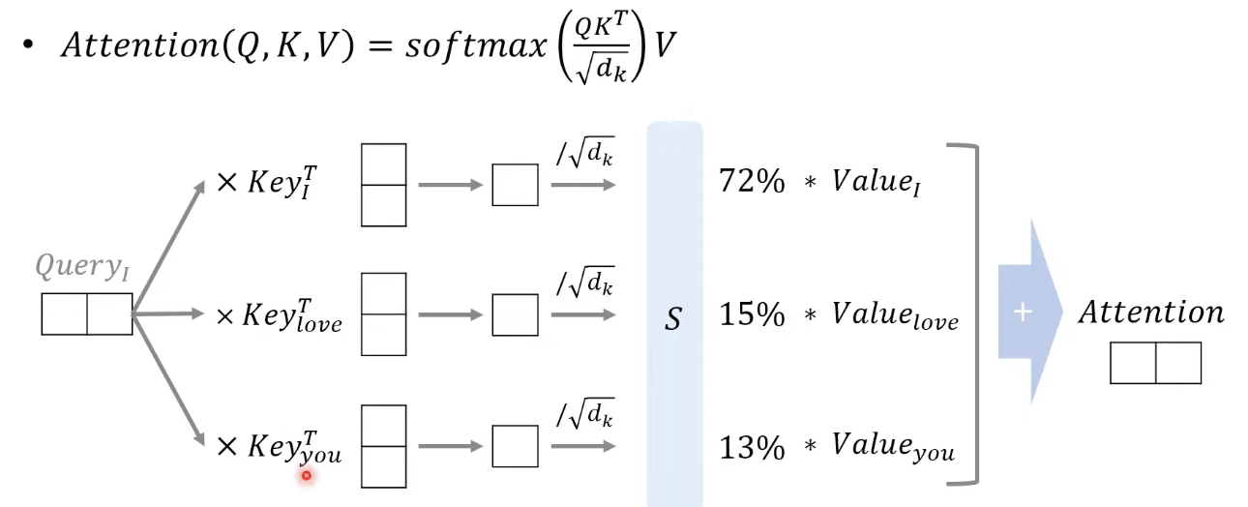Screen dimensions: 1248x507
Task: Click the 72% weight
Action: [752, 181]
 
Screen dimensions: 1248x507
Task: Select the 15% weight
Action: [751, 314]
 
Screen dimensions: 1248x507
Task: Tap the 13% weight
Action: [751, 447]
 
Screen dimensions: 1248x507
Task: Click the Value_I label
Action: [875, 183]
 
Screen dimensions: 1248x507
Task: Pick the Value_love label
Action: [895, 316]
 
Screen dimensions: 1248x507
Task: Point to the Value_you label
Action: [893, 449]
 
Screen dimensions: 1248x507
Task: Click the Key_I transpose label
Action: [280, 181]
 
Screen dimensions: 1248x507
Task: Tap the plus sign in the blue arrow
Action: [1023, 313]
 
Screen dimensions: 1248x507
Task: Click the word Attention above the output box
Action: [1151, 313]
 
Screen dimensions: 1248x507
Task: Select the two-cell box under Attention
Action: [1155, 363]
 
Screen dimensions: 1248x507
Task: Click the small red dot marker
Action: [307, 475]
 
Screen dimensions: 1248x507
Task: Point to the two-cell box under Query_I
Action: [86, 314]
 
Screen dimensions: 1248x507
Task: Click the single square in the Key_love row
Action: [515, 314]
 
